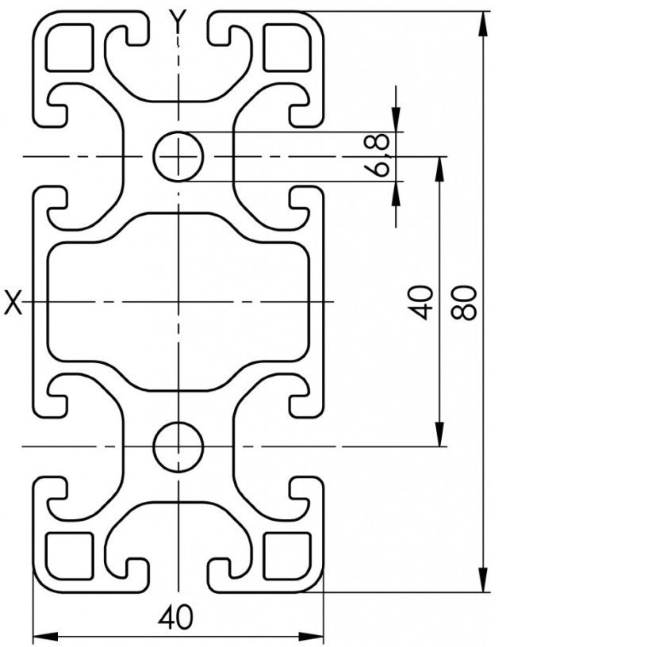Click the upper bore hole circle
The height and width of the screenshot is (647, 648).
point(179,155)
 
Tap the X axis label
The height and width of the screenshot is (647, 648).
point(13,302)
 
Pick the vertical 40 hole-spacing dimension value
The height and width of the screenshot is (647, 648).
point(425,301)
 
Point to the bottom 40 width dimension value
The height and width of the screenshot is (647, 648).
point(176,616)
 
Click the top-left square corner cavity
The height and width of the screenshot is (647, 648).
point(70,48)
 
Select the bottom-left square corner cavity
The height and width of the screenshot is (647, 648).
point(70,555)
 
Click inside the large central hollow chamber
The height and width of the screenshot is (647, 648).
point(178,301)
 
